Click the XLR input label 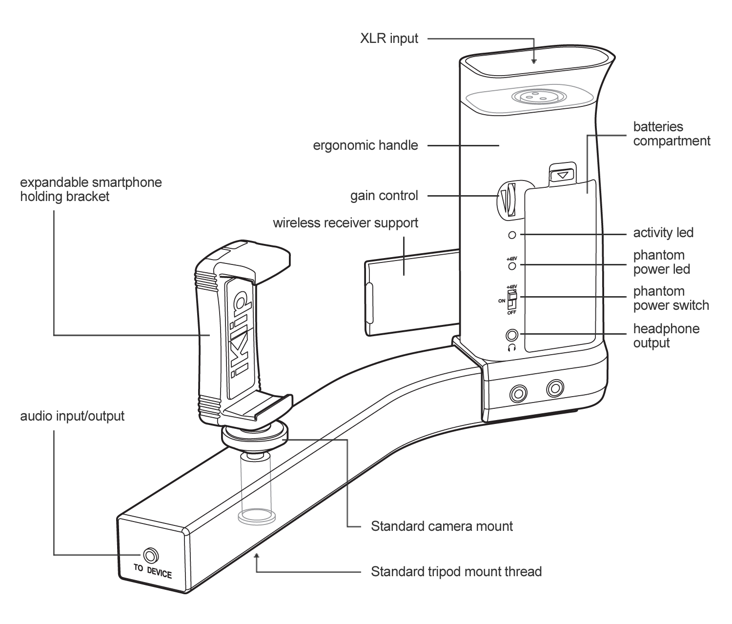click(x=389, y=39)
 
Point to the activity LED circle click(x=512, y=235)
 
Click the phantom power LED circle click(x=512, y=266)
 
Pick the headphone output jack click(x=512, y=335)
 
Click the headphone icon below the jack click(x=512, y=347)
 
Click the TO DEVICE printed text click(x=153, y=571)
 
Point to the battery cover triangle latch click(x=563, y=174)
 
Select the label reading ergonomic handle click(x=366, y=145)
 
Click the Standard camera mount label click(x=442, y=526)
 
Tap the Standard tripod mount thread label click(x=456, y=571)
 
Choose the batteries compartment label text click(x=671, y=134)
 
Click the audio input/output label click(x=72, y=416)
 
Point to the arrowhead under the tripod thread click(x=257, y=556)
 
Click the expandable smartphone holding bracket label click(x=91, y=189)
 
